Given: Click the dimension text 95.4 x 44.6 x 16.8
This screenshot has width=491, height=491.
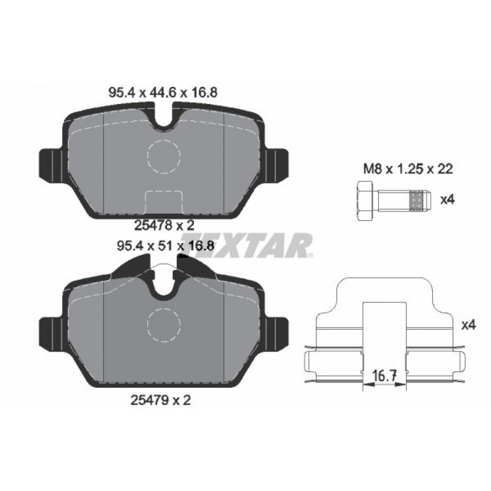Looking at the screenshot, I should (x=162, y=92).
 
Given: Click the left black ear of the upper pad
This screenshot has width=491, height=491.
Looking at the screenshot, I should (x=50, y=164).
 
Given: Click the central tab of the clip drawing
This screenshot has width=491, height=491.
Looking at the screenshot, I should (x=386, y=329).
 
